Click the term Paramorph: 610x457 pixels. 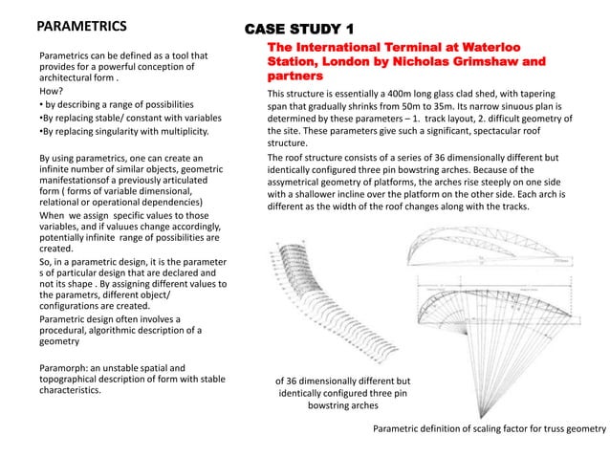66,366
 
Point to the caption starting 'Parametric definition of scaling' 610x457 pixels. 490,429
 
